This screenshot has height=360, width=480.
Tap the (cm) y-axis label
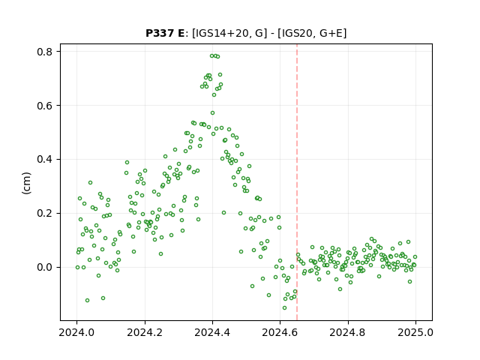tap(27, 183)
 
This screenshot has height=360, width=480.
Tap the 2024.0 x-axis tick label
tap(76, 332)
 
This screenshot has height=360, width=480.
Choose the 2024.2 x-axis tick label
tap(145, 332)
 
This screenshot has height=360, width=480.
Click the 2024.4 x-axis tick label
tap(212, 332)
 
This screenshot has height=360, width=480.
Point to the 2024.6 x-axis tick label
tap(280, 332)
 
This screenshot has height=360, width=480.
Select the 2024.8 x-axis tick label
tap(348, 332)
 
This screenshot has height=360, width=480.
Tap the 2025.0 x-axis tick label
tap(415, 332)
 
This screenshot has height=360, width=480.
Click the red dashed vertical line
tap(297, 182)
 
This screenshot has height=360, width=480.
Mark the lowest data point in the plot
tap(285, 308)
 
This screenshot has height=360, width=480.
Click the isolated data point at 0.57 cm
tap(212, 113)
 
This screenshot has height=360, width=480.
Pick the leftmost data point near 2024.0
tap(77, 267)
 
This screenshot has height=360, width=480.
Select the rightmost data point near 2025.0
tap(415, 256)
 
